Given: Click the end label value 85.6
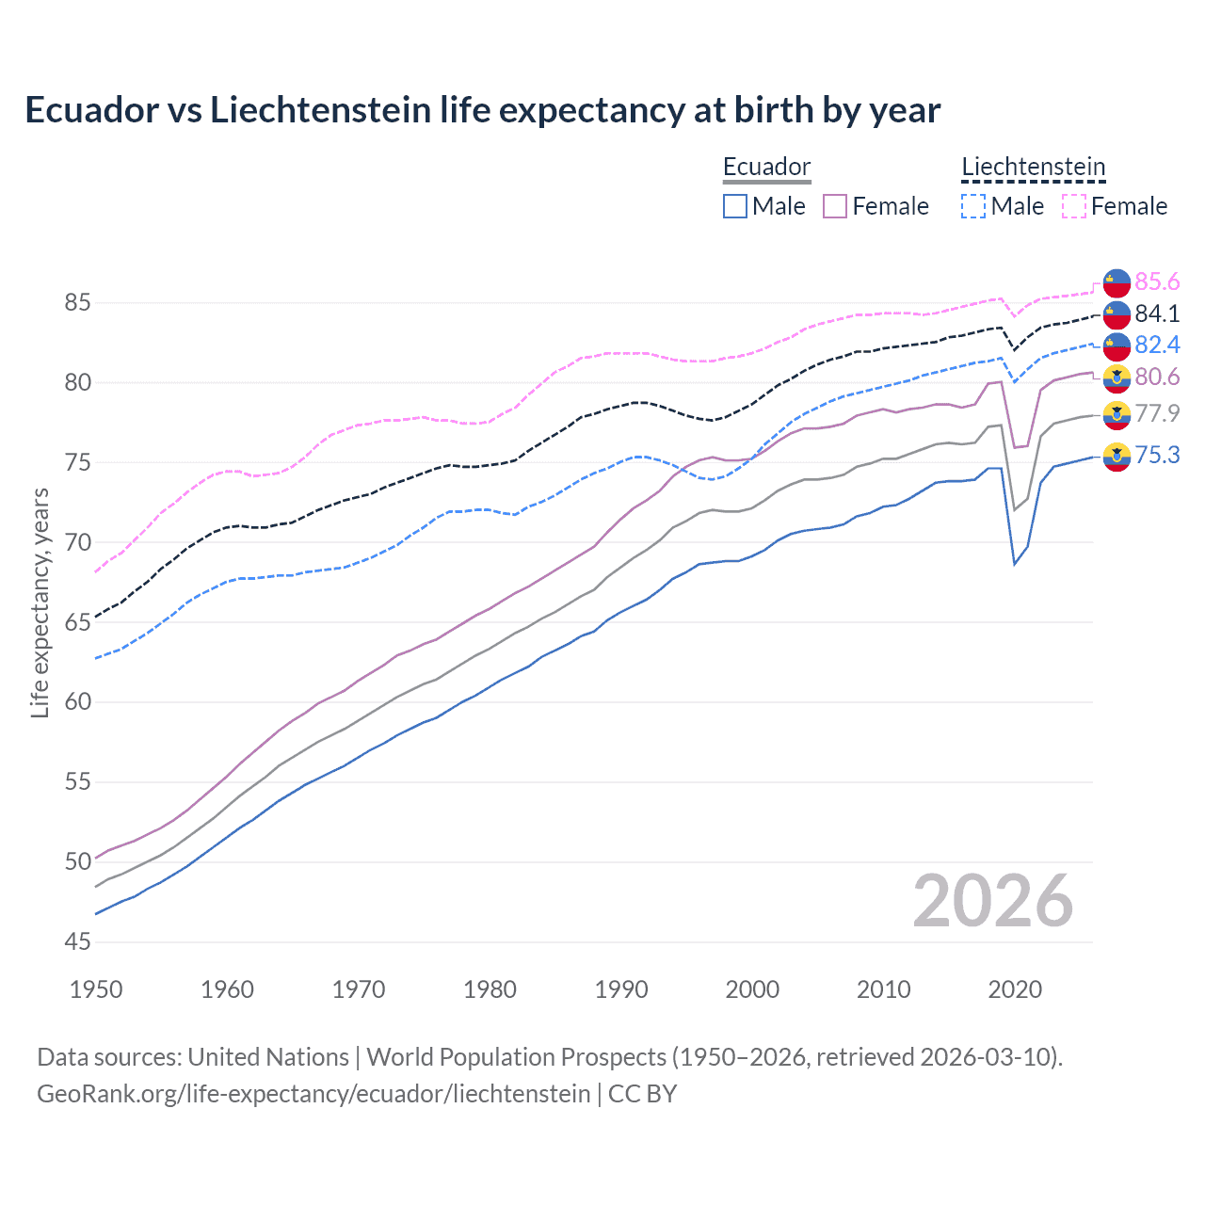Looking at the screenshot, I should coord(1157,281).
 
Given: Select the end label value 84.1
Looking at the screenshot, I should coord(1157,313).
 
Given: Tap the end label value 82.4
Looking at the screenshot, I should coord(1157,345).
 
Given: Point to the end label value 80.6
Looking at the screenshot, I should coord(1157,377).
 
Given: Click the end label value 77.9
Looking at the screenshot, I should coord(1157,413).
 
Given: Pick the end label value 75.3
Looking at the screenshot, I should coord(1157,455).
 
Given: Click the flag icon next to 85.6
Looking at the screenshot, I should coord(1117,282).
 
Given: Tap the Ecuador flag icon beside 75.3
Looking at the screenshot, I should coord(1117,456).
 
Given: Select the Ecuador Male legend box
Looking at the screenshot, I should coord(735,206).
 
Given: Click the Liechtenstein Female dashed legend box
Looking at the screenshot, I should coord(1074,206).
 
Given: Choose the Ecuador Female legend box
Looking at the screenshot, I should coord(835,206).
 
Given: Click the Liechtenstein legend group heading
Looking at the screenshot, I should coord(1033,167).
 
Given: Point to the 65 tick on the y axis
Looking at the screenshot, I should coord(77,622).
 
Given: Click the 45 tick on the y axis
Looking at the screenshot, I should coord(77,941).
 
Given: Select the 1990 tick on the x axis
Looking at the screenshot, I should coord(621,989).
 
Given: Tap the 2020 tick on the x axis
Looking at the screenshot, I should coord(1015,989).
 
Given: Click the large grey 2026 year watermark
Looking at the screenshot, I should coord(992,901).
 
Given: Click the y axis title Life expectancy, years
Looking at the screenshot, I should coord(40,602).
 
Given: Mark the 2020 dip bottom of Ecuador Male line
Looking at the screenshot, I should coord(1014,564).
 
